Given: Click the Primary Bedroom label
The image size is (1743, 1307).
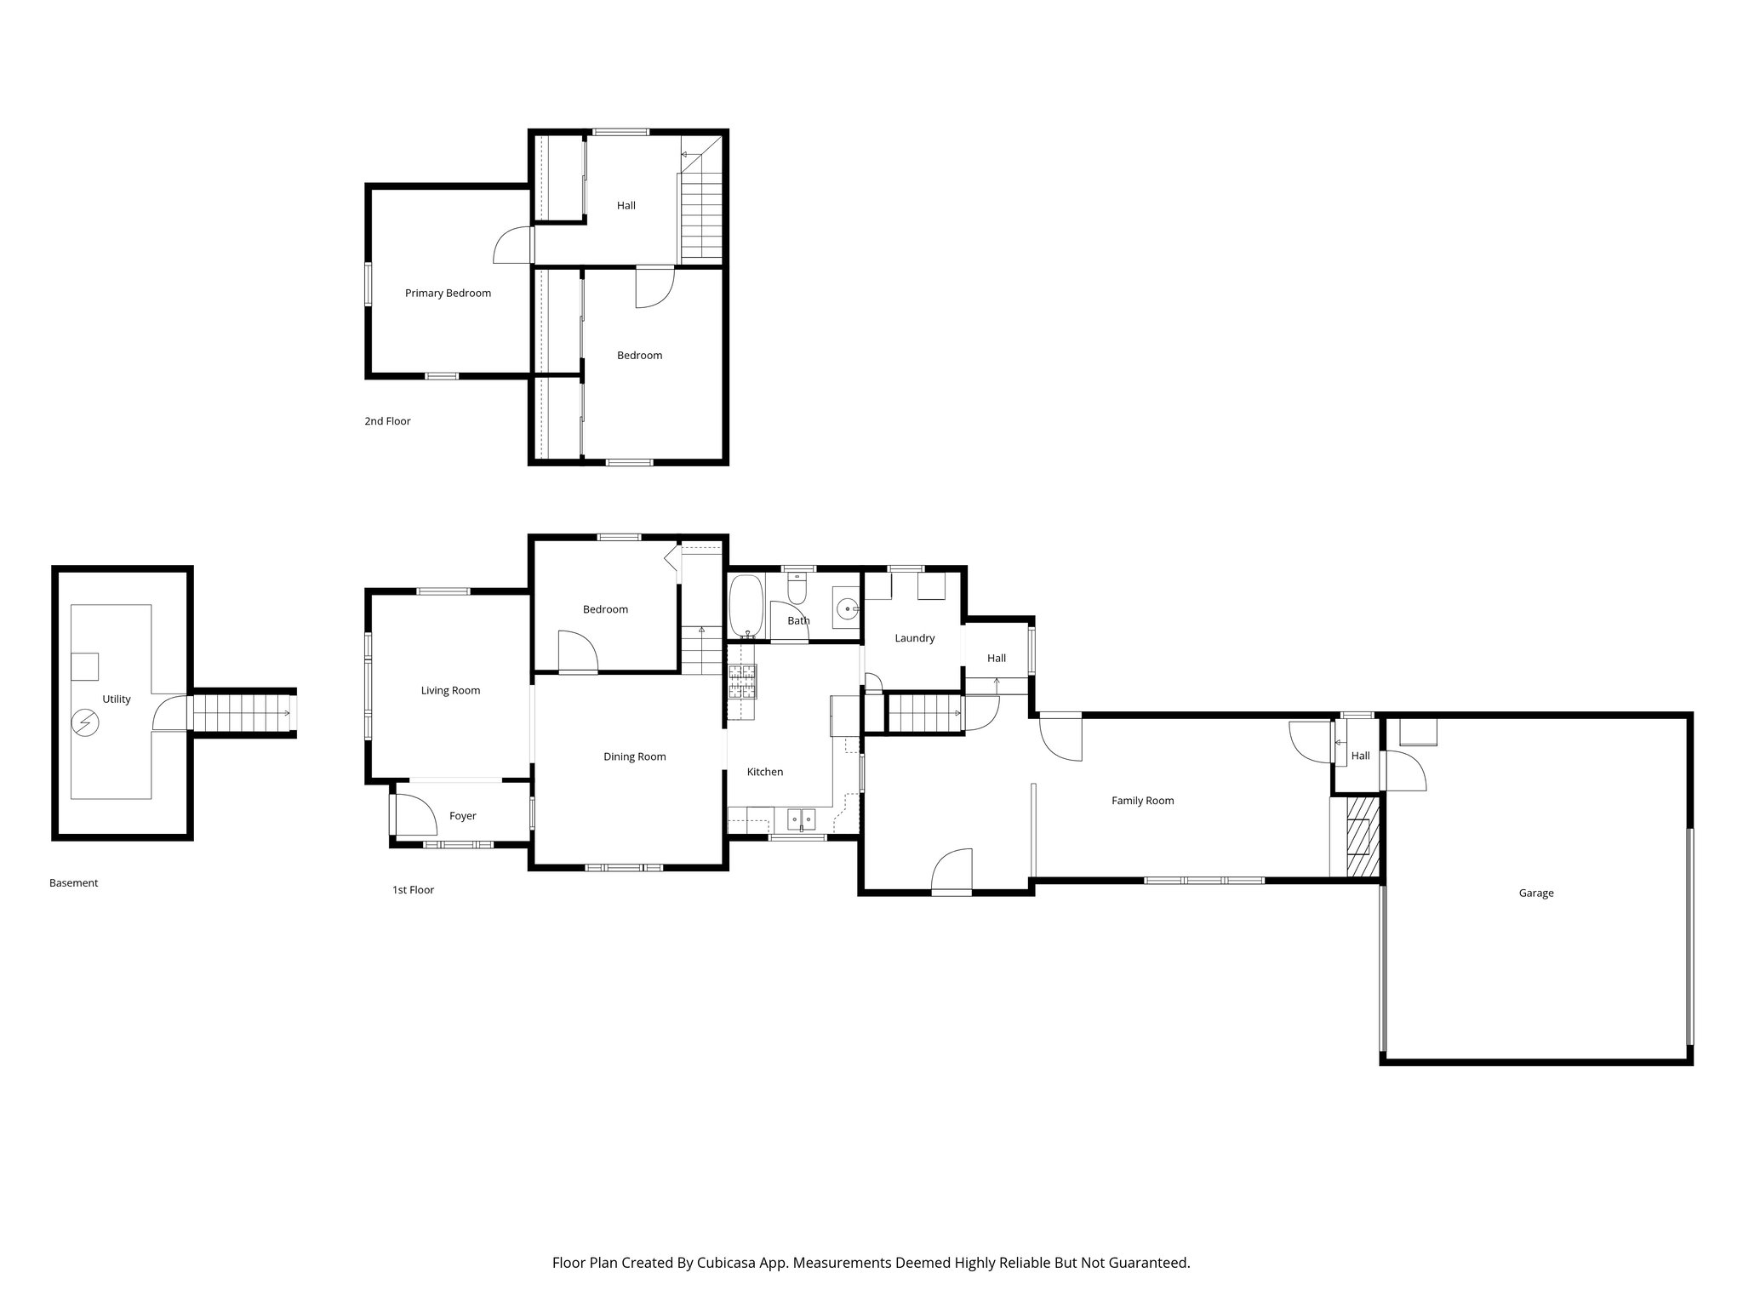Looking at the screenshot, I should click(448, 294).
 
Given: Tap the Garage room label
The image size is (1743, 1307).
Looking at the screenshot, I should click(1535, 893).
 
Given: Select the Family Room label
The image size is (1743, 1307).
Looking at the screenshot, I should click(1142, 801).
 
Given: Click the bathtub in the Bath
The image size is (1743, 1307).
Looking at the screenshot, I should click(746, 606).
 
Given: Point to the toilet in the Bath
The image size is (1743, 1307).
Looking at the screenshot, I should click(797, 587).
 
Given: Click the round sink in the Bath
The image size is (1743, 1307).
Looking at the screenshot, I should click(847, 609).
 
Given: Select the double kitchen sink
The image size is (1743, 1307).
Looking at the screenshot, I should click(801, 819).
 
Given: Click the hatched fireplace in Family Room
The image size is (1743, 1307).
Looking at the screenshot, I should click(1363, 836).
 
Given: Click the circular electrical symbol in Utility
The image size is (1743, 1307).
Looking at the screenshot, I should click(85, 723).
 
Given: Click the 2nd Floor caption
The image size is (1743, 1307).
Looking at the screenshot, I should click(387, 421).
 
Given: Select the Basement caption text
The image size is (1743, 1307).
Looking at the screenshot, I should click(73, 883).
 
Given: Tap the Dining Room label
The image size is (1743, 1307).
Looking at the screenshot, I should click(634, 757).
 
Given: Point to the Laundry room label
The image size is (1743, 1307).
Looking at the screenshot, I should click(914, 638).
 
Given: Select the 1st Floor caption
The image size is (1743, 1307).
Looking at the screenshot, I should click(413, 890).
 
